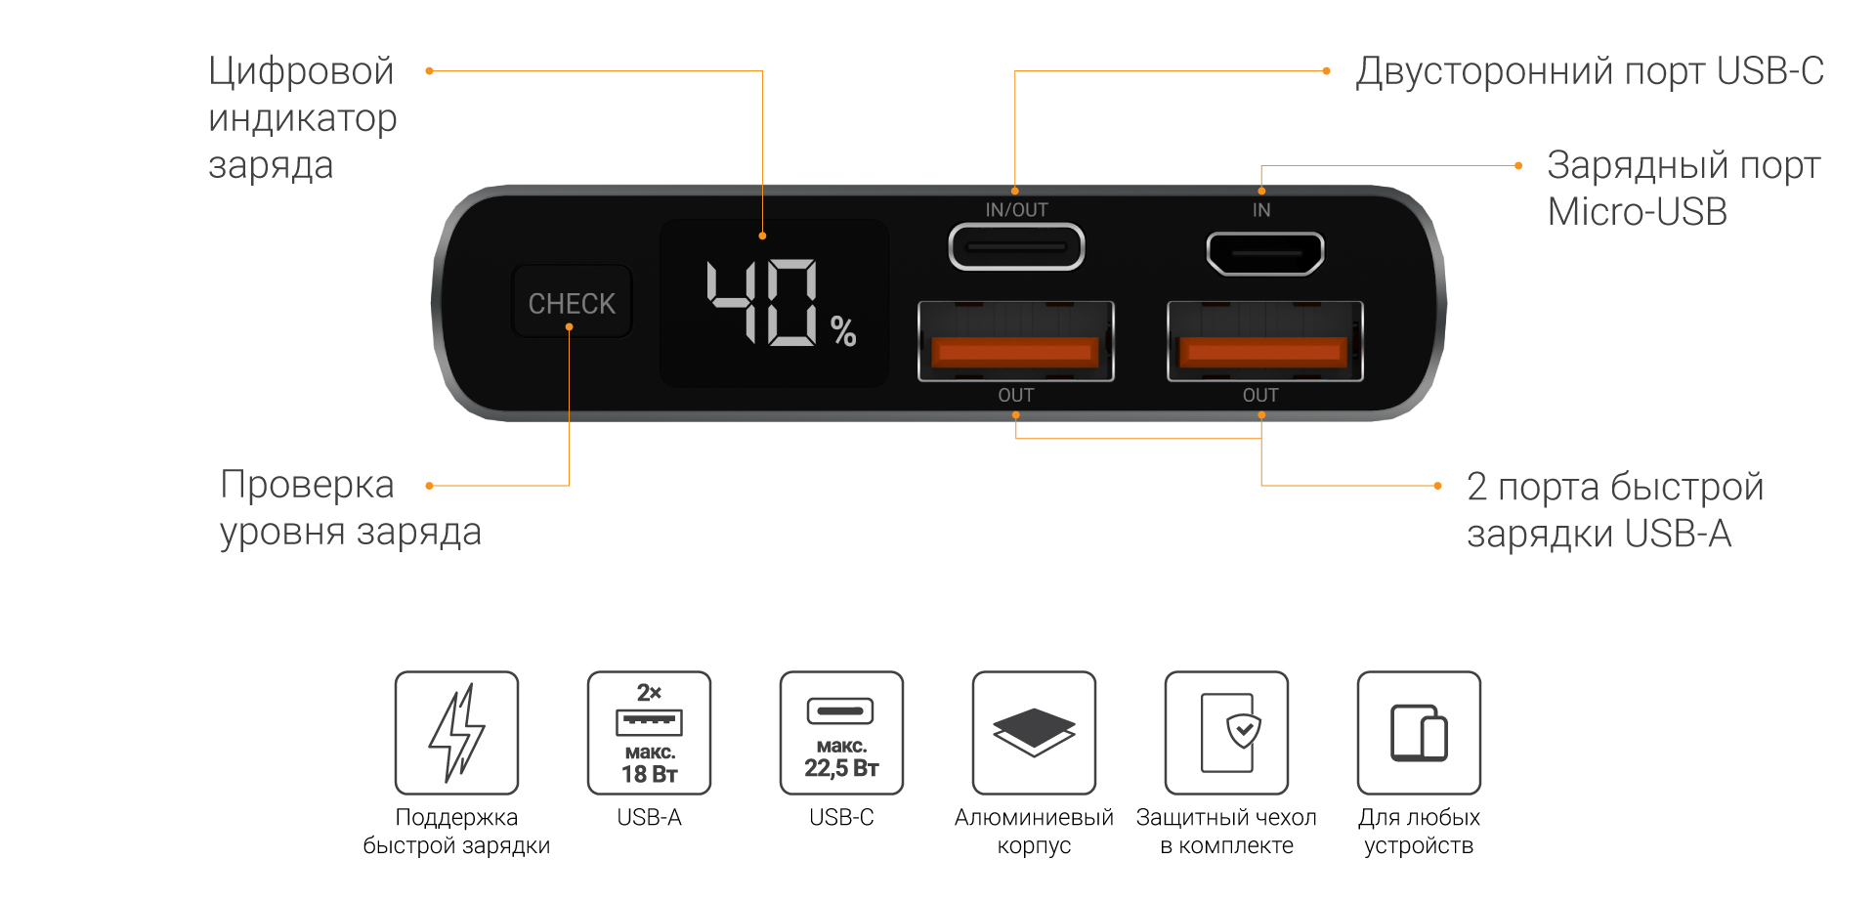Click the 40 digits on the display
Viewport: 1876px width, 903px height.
(x=762, y=302)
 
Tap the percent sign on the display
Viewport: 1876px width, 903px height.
(x=843, y=332)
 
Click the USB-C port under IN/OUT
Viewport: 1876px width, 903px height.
(x=1016, y=247)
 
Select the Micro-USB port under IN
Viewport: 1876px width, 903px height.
(x=1264, y=253)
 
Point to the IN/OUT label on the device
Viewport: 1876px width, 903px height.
(x=1016, y=210)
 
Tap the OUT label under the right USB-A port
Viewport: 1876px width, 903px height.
(x=1260, y=395)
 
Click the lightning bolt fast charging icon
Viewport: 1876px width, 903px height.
(x=456, y=732)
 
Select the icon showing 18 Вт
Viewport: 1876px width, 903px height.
(x=649, y=732)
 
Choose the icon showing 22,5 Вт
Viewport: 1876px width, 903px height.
(x=841, y=732)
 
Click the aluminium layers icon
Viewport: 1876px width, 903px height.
(x=1034, y=732)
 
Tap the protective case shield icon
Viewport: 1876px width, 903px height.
(x=1226, y=732)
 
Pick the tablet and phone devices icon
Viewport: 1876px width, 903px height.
(x=1419, y=732)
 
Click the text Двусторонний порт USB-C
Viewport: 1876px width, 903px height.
(x=1589, y=71)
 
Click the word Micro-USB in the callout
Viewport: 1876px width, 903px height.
(x=1638, y=212)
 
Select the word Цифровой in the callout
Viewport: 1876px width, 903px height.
(x=301, y=71)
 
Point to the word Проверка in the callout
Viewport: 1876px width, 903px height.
(x=307, y=485)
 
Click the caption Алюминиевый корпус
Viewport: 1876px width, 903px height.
(x=1034, y=831)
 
